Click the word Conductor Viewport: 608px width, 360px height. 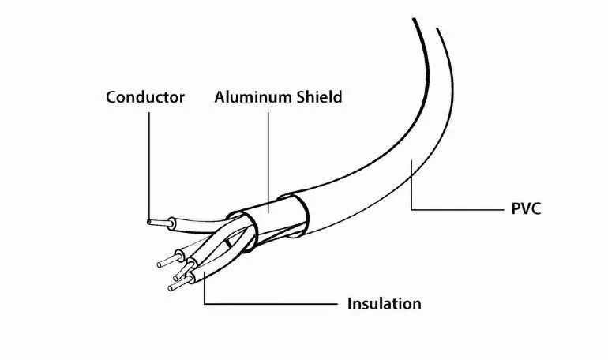click(145, 97)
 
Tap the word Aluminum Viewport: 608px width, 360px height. click(253, 97)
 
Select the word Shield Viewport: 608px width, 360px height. click(320, 96)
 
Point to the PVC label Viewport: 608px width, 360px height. click(526, 209)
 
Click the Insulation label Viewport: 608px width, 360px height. click(384, 303)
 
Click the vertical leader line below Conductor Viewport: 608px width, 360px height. click(149, 167)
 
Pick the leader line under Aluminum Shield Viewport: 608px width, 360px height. click(268, 163)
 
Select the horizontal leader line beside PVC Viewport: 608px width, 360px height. click(457, 210)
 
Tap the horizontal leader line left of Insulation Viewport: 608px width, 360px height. click(271, 304)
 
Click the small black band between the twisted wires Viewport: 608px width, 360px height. click(228, 242)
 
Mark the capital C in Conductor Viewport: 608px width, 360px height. click(111, 97)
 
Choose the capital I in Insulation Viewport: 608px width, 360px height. click(349, 303)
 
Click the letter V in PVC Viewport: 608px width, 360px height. click(525, 209)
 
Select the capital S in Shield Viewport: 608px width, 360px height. click(302, 97)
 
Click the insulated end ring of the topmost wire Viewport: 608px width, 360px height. click(171, 223)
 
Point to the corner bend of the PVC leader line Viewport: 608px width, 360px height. click(411, 210)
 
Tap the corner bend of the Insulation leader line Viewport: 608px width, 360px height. click(205, 304)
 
